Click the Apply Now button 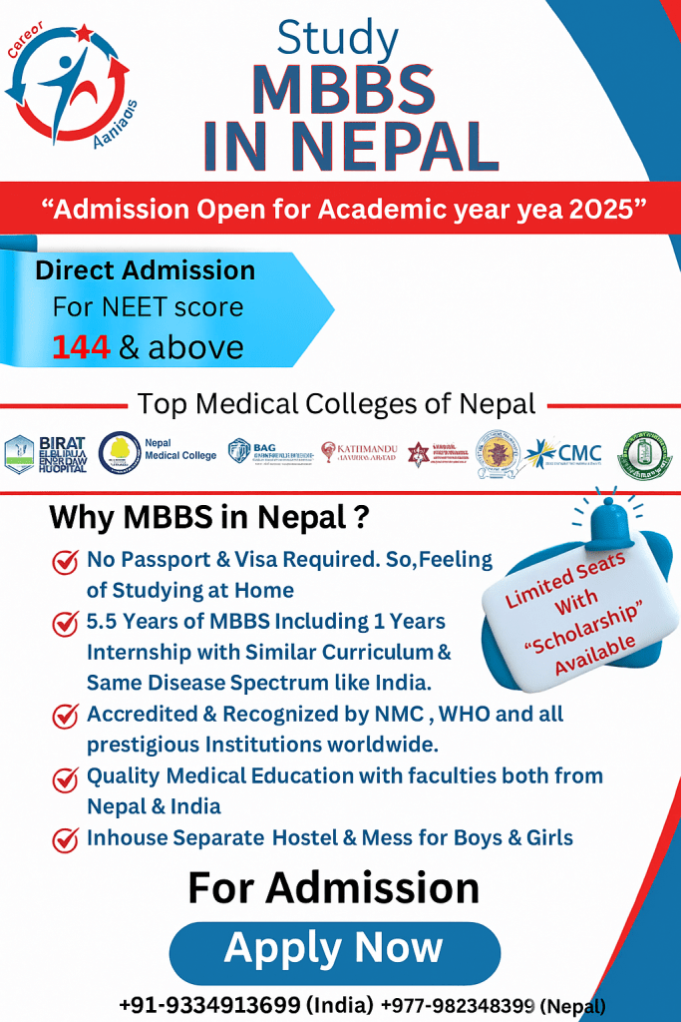click(x=334, y=949)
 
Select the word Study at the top click(x=337, y=39)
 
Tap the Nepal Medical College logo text click(x=180, y=449)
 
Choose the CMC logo click(x=566, y=451)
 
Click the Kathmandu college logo click(x=360, y=451)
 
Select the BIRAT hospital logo click(x=46, y=453)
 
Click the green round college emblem click(x=647, y=452)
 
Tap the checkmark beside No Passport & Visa click(x=66, y=562)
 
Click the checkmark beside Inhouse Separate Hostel click(x=66, y=838)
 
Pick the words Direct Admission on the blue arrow click(x=145, y=270)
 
